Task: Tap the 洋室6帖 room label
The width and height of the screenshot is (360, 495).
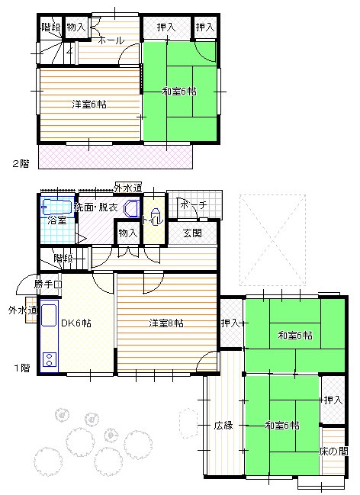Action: tap(89, 104)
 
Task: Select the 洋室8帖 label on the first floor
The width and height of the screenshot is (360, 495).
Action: tap(166, 323)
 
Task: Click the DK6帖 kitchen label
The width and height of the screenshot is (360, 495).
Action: tap(76, 323)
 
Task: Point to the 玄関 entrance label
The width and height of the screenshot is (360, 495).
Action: tap(191, 233)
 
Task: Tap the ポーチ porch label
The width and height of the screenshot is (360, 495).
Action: tap(193, 204)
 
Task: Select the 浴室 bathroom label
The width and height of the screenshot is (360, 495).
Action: tap(56, 220)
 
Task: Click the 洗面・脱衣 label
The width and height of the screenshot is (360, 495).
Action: tap(96, 207)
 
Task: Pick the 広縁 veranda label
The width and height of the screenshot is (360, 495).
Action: tap(223, 425)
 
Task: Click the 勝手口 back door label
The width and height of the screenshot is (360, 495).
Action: tap(48, 284)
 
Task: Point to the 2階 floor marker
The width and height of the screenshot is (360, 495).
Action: tap(21, 163)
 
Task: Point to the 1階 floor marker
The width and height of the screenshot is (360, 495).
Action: tap(21, 368)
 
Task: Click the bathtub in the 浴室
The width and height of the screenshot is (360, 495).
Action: tap(55, 206)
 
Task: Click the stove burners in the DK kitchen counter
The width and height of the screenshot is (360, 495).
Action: tap(50, 359)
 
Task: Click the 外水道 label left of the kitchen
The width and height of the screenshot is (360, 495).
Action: tap(21, 310)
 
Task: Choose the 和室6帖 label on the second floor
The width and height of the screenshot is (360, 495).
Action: tap(179, 92)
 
